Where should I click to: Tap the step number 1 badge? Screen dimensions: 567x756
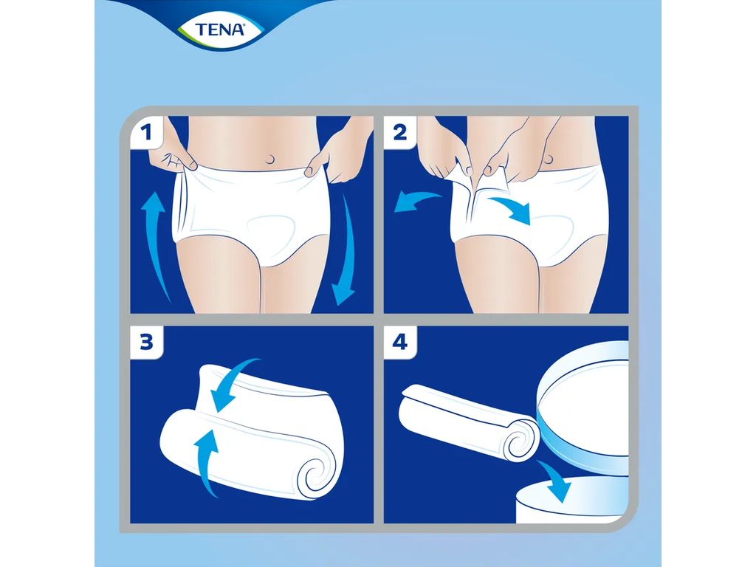[x=146, y=133]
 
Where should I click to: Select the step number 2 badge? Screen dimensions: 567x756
[x=400, y=133]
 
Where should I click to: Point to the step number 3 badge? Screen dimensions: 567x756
[x=146, y=343]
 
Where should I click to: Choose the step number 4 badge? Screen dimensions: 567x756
[x=400, y=343]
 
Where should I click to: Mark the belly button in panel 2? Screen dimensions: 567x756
[x=547, y=158]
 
